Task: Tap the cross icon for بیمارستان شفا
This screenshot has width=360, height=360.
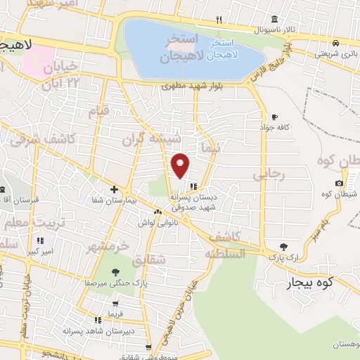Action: click(x=114, y=189)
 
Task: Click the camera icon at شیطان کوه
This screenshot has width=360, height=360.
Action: click(x=340, y=183)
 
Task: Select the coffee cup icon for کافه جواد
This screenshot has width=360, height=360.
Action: click(x=274, y=117)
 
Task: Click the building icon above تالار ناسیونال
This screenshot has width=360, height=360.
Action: click(x=274, y=18)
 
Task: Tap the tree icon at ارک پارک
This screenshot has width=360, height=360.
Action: click(x=283, y=246)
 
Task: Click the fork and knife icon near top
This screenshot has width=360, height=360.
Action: click(x=219, y=19)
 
